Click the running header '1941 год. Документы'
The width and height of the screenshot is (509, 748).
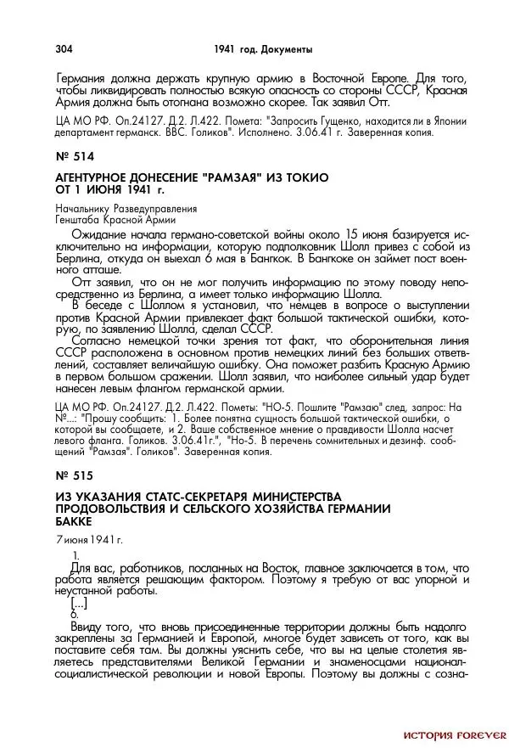(264, 48)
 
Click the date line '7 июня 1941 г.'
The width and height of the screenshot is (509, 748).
(89, 539)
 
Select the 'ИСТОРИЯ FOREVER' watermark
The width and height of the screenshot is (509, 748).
(454, 734)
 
